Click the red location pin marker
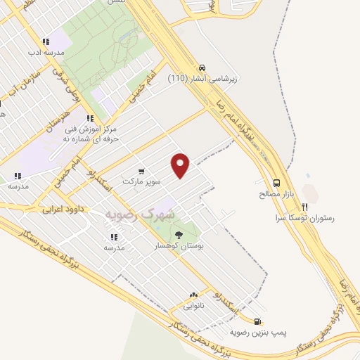(181, 165)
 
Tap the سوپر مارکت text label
(142, 181)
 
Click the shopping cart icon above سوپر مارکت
(142, 171)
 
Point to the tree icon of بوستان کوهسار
(178, 236)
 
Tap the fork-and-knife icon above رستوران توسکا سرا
(304, 207)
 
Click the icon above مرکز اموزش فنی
(89, 118)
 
